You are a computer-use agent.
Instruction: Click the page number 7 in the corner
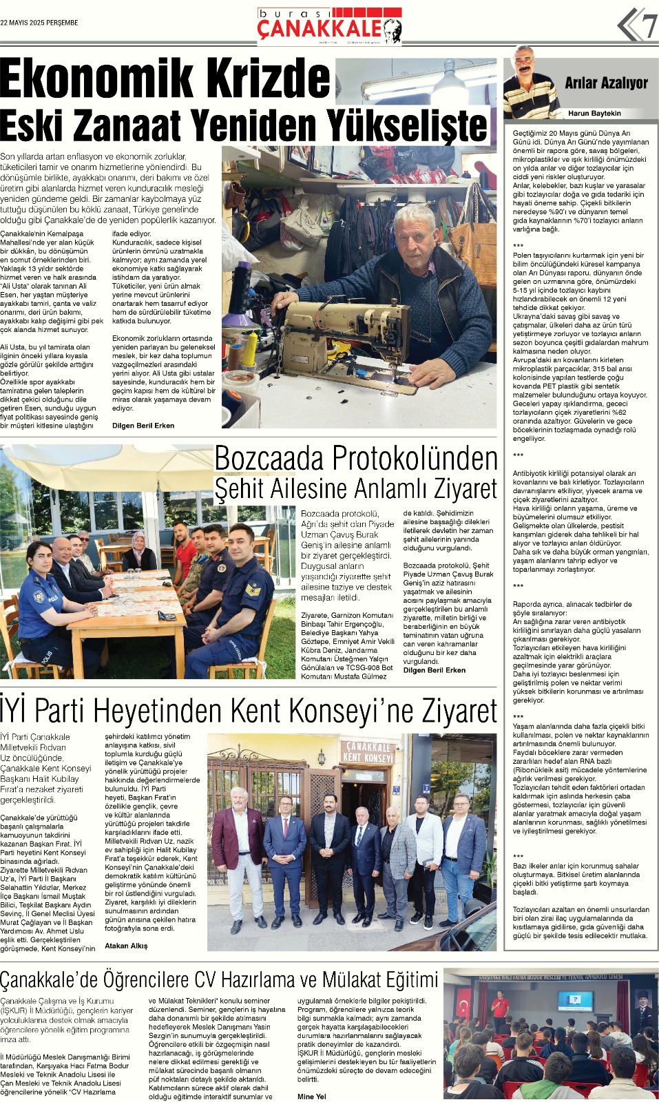coord(649,26)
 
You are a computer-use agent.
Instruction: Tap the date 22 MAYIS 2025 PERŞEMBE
coord(39,23)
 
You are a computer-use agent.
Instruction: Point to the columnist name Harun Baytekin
coord(594,113)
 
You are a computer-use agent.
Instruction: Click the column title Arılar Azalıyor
coord(606,83)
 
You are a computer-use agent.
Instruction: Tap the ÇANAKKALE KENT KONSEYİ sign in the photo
coord(368,752)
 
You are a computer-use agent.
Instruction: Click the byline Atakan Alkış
coord(126,946)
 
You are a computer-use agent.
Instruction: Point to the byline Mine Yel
coord(311,1096)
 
